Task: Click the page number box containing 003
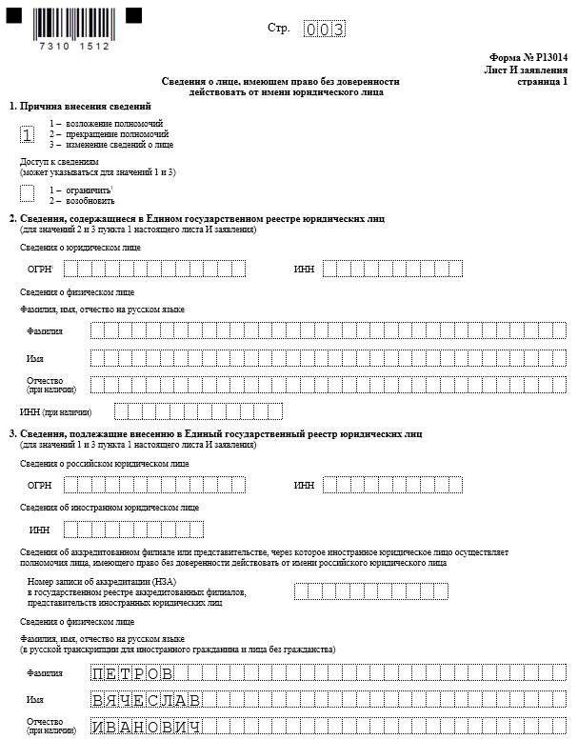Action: pos(324,29)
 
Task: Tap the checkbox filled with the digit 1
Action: pos(27,134)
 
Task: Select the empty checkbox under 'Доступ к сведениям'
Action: pos(27,193)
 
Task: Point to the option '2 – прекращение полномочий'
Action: pos(105,134)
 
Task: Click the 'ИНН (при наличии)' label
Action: pos(55,412)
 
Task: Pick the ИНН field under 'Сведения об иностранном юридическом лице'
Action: pos(133,530)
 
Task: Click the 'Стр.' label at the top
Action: pos(279,28)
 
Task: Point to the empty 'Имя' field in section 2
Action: pos(328,358)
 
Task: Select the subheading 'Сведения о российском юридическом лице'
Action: pos(104,464)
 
